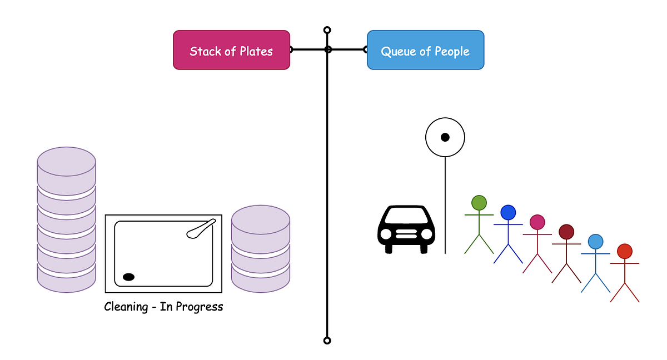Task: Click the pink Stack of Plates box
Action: pyautogui.click(x=231, y=50)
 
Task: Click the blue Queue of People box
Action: pyautogui.click(x=425, y=50)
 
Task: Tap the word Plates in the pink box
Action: pyautogui.click(x=256, y=52)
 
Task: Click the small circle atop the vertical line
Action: pyautogui.click(x=327, y=30)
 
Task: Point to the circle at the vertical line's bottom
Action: pyautogui.click(x=327, y=341)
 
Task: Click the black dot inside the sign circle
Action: pyautogui.click(x=445, y=137)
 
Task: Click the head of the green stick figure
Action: pyautogui.click(x=479, y=203)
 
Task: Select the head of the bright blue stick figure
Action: pyautogui.click(x=508, y=213)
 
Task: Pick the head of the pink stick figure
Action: pyautogui.click(x=537, y=222)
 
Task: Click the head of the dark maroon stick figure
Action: pyautogui.click(x=566, y=232)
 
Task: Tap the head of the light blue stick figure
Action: pyautogui.click(x=595, y=242)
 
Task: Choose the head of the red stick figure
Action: pyautogui.click(x=624, y=251)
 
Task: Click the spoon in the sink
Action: pyautogui.click(x=201, y=228)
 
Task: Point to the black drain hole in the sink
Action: pyautogui.click(x=128, y=277)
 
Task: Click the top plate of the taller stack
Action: pyautogui.click(x=66, y=162)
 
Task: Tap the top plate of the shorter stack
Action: pyautogui.click(x=260, y=219)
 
